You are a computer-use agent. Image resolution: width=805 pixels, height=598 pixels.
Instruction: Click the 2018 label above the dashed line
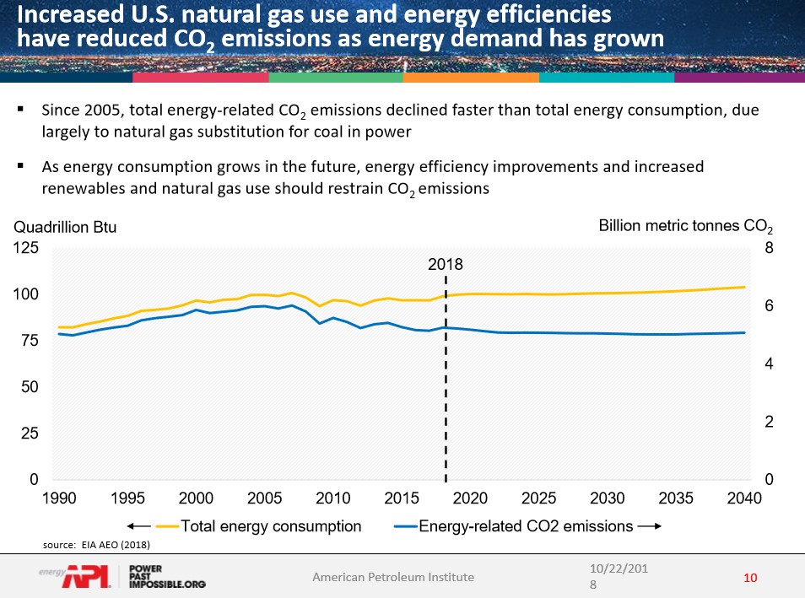coord(446,264)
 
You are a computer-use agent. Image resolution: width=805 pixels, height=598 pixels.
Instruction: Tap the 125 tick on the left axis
coord(28,249)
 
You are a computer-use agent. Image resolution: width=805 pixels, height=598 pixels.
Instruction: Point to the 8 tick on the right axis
coord(769,249)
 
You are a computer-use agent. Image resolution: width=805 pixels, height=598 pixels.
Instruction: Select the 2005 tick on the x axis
coord(265,498)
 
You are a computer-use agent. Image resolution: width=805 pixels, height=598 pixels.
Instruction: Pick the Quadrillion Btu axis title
coord(63,227)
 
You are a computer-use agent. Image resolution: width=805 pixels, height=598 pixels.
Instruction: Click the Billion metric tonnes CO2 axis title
coord(685,226)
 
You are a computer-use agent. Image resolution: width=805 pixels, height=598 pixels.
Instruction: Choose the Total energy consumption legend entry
coord(271,526)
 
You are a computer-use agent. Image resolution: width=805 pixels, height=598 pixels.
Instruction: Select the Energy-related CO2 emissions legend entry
coord(526,526)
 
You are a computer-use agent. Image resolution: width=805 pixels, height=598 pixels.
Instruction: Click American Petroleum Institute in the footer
coord(393,578)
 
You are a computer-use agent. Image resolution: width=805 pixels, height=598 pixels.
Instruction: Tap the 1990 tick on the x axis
coord(60,498)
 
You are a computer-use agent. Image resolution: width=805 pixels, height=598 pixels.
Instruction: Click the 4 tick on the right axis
coord(769,364)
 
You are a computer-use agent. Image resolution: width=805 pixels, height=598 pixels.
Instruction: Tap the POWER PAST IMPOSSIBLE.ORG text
coord(167,577)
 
